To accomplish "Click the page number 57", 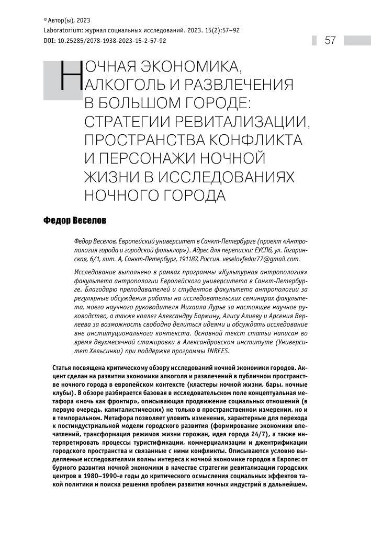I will click(x=330, y=40).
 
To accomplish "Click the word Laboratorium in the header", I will click(x=62, y=30).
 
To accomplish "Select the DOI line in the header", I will click(x=105, y=40).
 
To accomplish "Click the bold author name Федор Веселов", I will click(x=74, y=221).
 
